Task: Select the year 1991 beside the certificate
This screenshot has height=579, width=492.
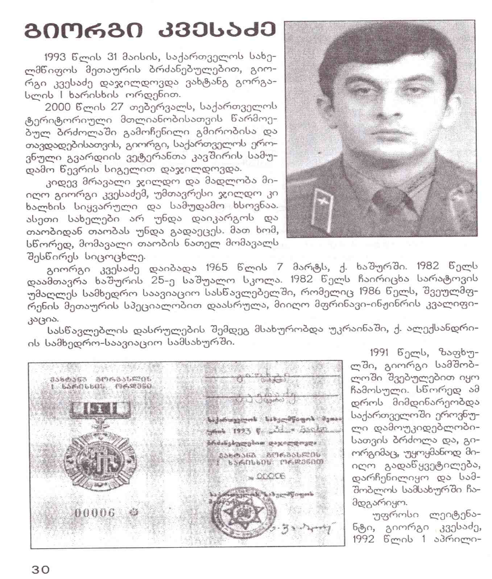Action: point(381,352)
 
